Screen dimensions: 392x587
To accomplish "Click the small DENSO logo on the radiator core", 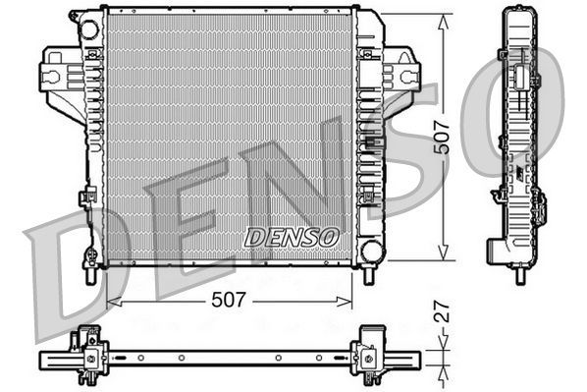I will point(291,237).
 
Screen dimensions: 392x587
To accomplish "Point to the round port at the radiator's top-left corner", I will point(89,28).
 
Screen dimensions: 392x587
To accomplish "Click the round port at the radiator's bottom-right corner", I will point(371,251).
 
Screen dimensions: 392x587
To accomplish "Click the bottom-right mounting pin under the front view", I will point(369,275).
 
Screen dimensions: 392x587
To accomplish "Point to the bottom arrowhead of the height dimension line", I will point(443,258).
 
